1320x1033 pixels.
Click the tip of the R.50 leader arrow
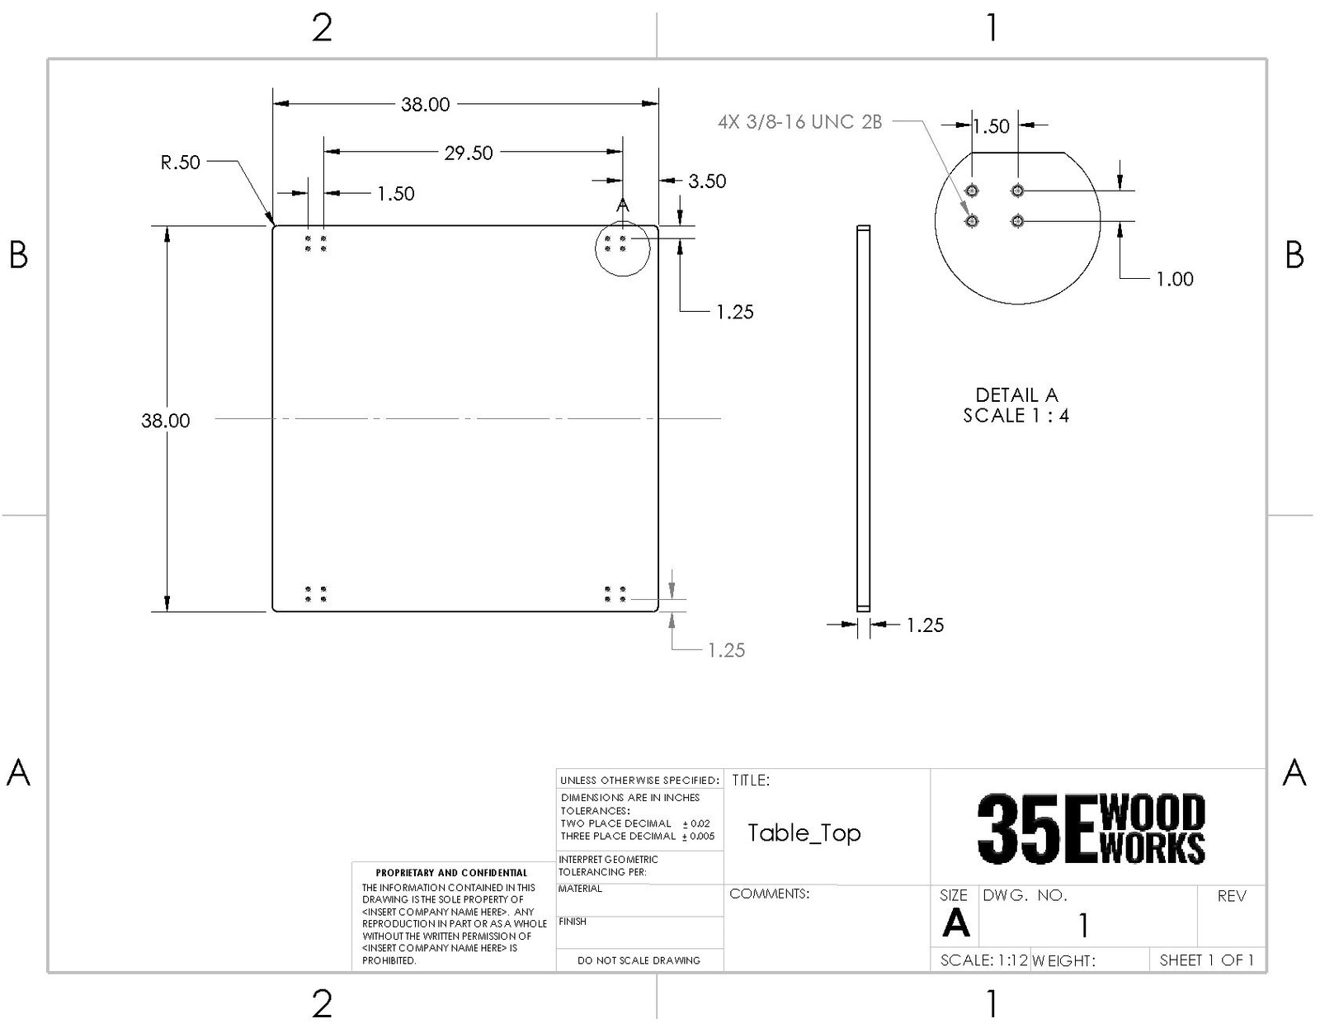pyautogui.click(x=273, y=225)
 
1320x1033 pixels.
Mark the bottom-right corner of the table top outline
pyautogui.click(x=658, y=611)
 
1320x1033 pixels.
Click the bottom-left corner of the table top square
pyautogui.click(x=273, y=611)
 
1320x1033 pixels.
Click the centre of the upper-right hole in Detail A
pyautogui.click(x=1017, y=191)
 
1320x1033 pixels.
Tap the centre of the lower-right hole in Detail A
pyautogui.click(x=1017, y=221)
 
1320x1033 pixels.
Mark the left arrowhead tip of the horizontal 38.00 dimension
pyautogui.click(x=273, y=104)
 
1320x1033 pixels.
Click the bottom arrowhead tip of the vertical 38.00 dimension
pyautogui.click(x=167, y=611)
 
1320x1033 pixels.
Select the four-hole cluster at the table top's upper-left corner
pyautogui.click(x=315, y=243)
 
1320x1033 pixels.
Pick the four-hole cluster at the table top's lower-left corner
pyautogui.click(x=315, y=594)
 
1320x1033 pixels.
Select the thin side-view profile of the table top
pyautogui.click(x=863, y=418)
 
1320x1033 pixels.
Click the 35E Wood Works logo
pyautogui.click(x=1091, y=829)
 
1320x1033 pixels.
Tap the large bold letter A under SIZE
pyautogui.click(x=955, y=923)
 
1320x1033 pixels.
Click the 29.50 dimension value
pyautogui.click(x=469, y=153)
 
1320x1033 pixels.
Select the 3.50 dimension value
pyautogui.click(x=707, y=181)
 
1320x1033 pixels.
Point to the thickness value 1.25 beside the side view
pyautogui.click(x=925, y=625)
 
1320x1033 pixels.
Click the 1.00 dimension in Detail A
pyautogui.click(x=1175, y=279)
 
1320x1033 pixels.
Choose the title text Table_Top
pyautogui.click(x=804, y=833)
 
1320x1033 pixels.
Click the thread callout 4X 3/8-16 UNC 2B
pyautogui.click(x=799, y=122)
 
